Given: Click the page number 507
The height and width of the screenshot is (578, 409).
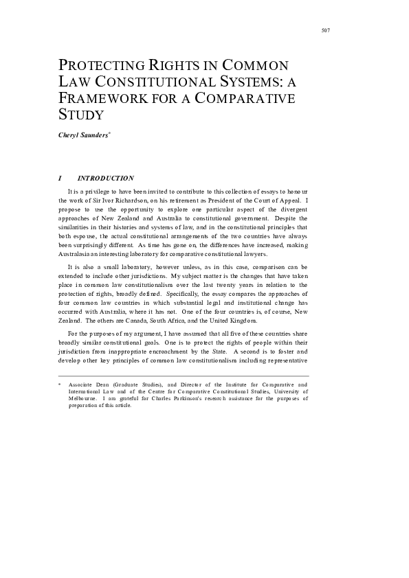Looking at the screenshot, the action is tap(326, 30).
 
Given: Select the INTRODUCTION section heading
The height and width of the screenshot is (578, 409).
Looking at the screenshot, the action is tap(106, 178).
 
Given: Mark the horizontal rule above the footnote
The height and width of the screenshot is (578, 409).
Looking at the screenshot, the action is tap(184, 375).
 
